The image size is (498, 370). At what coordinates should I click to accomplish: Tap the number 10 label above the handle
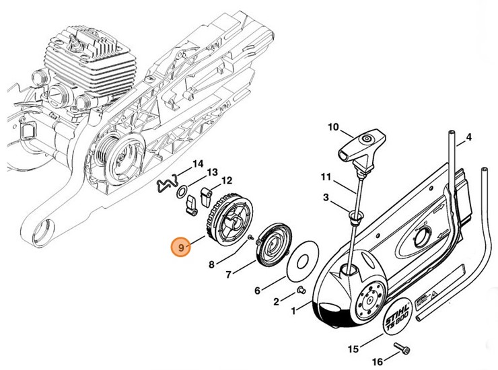[334, 126]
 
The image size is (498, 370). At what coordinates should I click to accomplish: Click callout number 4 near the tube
[468, 137]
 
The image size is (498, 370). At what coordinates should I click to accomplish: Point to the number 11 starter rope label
[326, 178]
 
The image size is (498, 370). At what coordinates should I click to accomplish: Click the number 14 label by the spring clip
[197, 163]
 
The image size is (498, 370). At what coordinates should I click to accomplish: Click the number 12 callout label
[227, 180]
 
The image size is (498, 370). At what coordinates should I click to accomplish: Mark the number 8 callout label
[212, 264]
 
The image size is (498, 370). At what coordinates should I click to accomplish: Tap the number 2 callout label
[277, 301]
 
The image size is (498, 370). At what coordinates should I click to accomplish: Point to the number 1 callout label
[292, 311]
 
